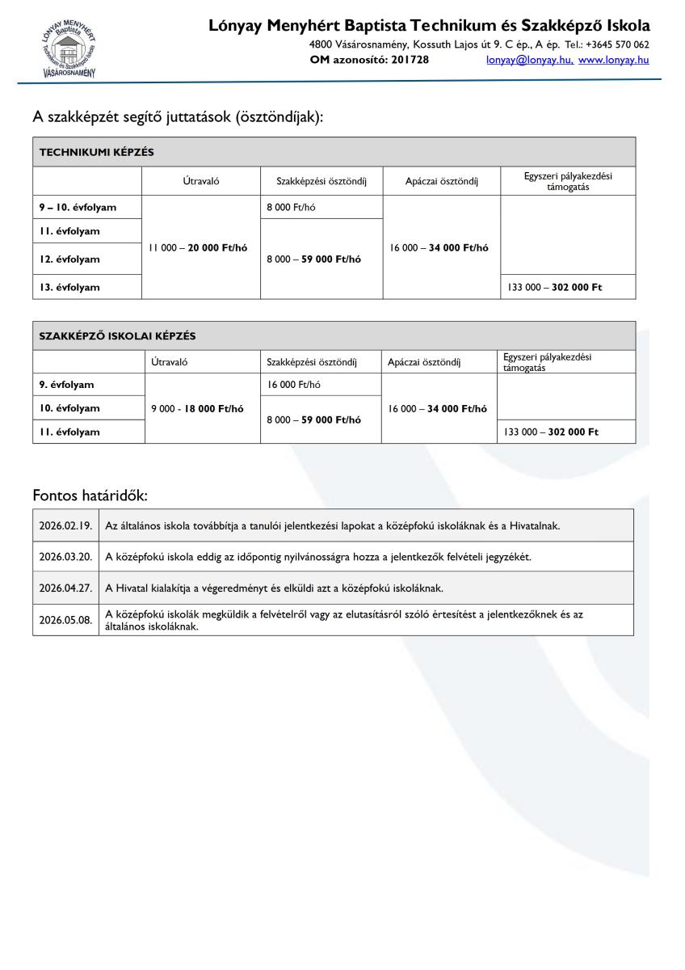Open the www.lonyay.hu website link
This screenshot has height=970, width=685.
coord(614,59)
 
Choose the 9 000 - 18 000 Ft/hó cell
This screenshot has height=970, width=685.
coord(197,408)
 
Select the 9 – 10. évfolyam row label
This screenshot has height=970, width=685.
coord(78,207)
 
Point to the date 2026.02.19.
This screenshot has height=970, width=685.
coord(65,525)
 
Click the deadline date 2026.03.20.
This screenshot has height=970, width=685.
coord(65,557)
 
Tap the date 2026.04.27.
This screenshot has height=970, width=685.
coord(65,588)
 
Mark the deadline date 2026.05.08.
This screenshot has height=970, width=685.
coord(65,620)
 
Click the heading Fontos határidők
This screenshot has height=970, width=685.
coord(90,495)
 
